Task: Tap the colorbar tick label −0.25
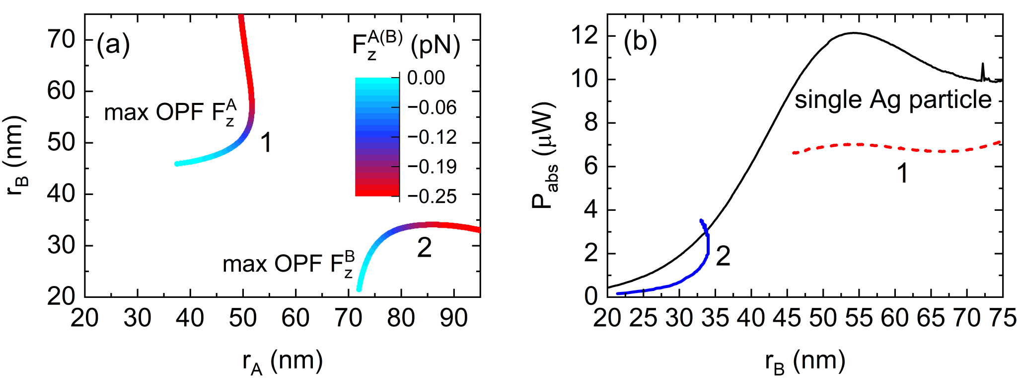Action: (x=432, y=196)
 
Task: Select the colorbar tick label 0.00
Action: (x=426, y=78)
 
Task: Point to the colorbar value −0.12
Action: (x=432, y=137)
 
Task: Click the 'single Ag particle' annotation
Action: (x=893, y=99)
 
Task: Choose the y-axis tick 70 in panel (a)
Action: (x=61, y=39)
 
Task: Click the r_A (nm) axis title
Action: (x=282, y=362)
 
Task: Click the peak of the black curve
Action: (x=854, y=33)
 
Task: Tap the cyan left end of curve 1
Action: (x=178, y=164)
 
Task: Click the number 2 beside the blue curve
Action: (x=723, y=256)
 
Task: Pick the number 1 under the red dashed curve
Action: (x=902, y=174)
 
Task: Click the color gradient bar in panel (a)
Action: (x=377, y=137)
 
